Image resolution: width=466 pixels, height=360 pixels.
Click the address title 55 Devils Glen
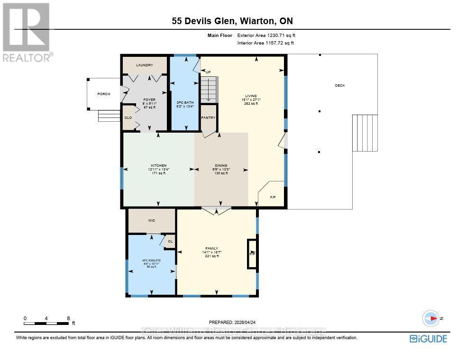tap(232, 21)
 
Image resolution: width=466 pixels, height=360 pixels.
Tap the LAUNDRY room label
tap(145, 65)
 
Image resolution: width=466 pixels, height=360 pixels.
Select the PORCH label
tap(104, 94)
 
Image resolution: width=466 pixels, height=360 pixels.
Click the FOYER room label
tap(149, 100)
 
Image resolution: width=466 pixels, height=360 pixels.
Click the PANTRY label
tap(209, 117)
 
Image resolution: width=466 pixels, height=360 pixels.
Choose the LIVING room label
tap(250, 96)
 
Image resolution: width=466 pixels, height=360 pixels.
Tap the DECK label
tap(340, 86)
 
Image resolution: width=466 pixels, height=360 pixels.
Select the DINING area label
tap(220, 165)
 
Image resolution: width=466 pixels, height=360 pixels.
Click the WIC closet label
tap(152, 220)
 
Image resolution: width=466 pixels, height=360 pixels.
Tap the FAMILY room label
tap(211, 248)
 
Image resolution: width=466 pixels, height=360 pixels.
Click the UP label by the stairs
tap(208, 72)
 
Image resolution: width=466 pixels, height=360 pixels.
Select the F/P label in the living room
tap(273, 196)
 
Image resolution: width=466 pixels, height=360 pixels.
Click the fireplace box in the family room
tap(252, 254)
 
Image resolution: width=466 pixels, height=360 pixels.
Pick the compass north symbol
tap(431, 319)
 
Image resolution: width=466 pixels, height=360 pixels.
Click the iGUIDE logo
tap(428, 338)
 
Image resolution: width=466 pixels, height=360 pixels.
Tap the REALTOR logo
tap(27, 32)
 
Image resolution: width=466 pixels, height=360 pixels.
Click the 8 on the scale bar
tap(68, 318)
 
